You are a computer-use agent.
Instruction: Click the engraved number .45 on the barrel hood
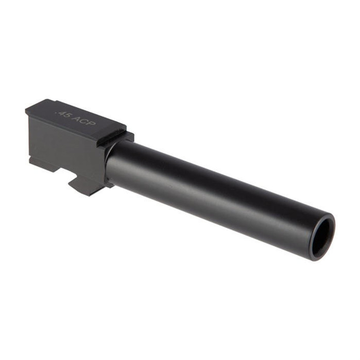[x=64, y=114]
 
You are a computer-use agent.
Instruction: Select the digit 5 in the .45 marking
[x=68, y=116]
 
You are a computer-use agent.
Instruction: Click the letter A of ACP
[x=76, y=118]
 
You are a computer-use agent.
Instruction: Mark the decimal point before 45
[x=58, y=112]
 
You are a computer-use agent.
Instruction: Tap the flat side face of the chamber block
[x=64, y=143]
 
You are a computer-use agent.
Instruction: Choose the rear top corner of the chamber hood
[x=27, y=109]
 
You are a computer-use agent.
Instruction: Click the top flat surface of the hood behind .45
[x=45, y=108]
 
